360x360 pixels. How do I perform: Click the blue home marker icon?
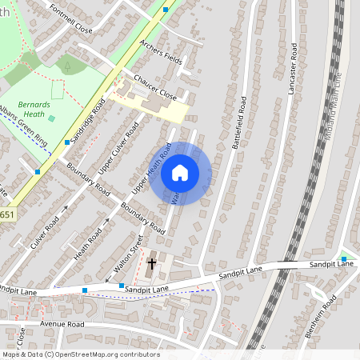(180, 172)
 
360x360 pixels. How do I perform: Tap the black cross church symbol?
(152, 262)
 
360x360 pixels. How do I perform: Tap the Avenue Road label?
(64, 325)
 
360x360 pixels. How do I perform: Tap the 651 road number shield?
(6, 215)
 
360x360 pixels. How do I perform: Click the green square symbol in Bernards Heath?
(52, 118)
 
